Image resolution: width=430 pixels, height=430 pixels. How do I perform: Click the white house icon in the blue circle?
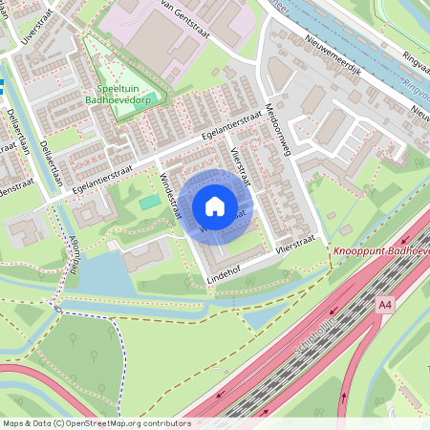tap(215, 206)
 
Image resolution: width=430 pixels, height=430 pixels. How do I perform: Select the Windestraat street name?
tap(170, 194)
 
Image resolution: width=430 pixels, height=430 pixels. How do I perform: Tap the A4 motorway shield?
tap(384, 304)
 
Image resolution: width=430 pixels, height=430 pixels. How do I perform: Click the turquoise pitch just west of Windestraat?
tap(149, 203)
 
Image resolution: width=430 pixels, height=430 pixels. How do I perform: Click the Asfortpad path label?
tap(72, 253)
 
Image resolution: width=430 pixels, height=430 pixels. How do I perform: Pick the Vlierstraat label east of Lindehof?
tap(294, 245)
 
